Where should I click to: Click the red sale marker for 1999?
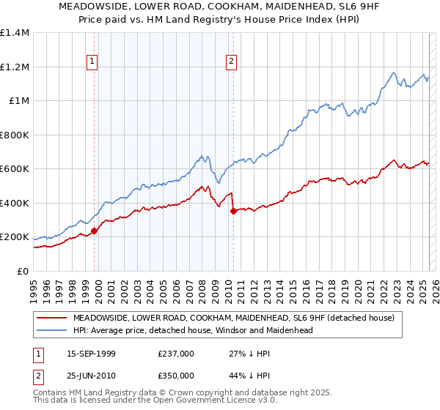pos(94,231)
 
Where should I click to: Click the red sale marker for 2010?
pos(233,212)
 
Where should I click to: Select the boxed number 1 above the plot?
pos(92,62)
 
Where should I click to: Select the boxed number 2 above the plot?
pos(231,62)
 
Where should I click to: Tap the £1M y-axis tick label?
pos(19,101)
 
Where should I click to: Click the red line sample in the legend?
pos(52,318)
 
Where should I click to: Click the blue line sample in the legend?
pos(52,330)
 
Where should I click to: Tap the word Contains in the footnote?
pos(51,394)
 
